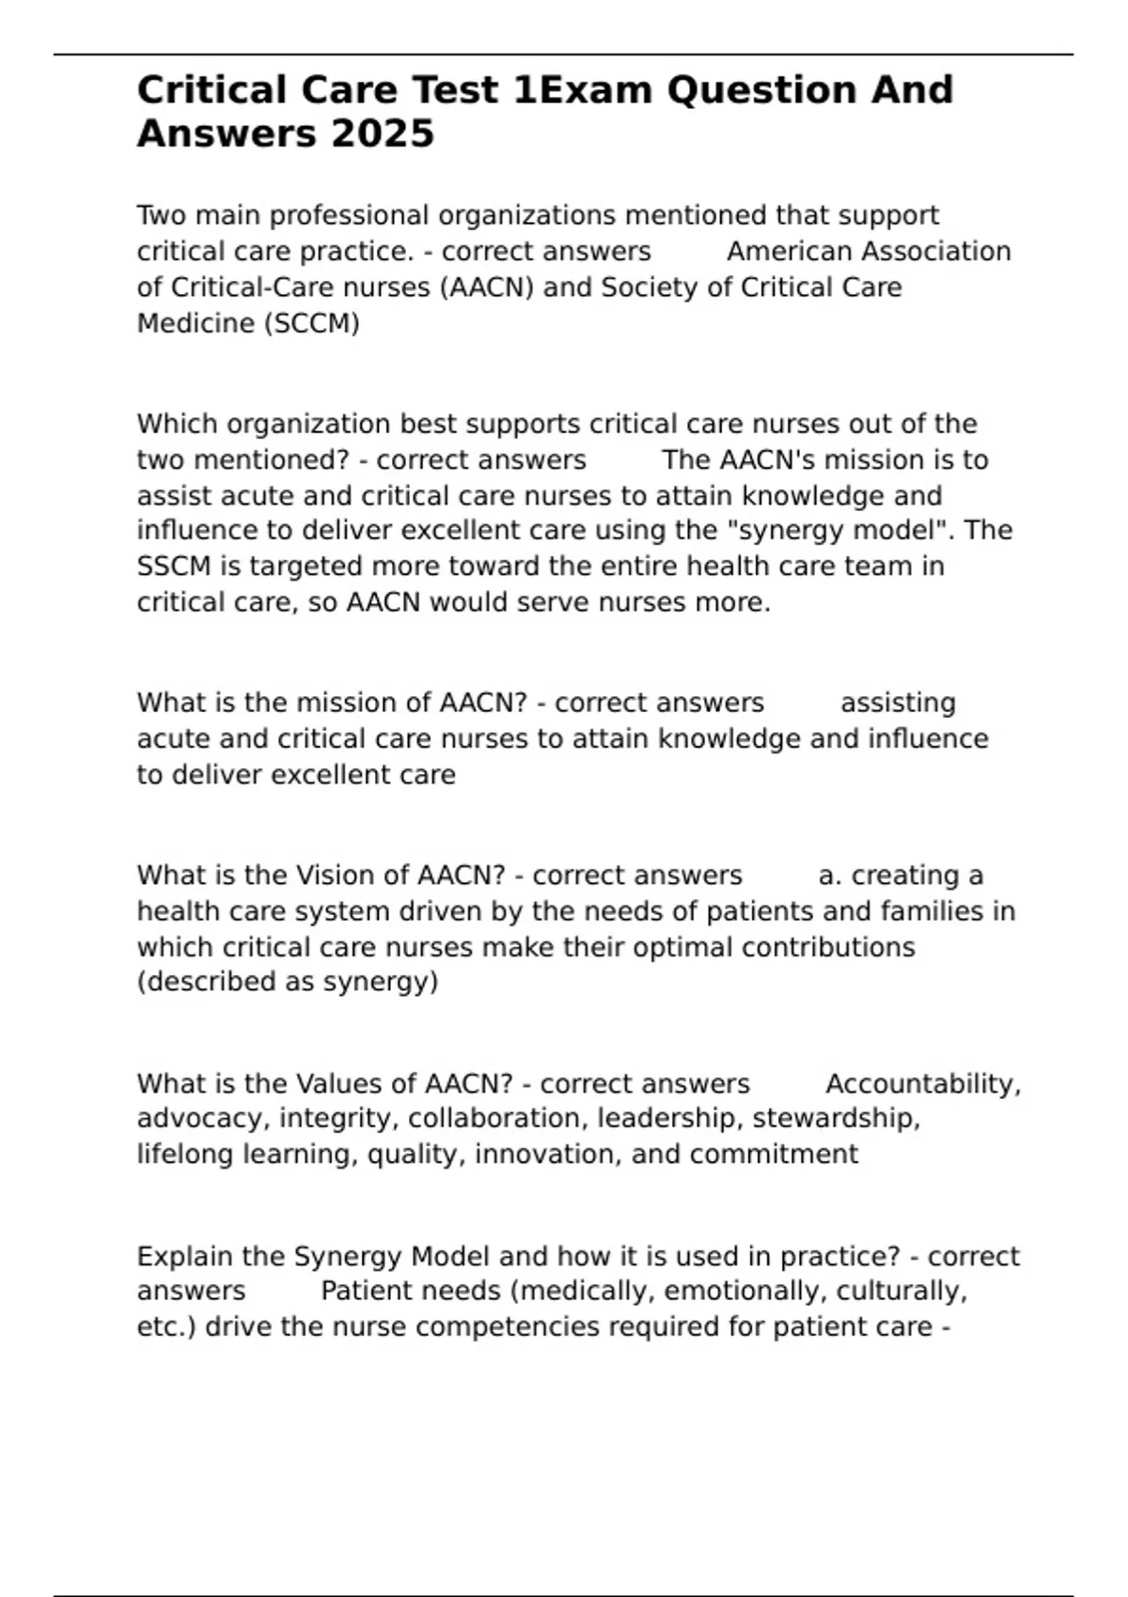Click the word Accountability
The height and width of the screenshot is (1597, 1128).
point(923,1084)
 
